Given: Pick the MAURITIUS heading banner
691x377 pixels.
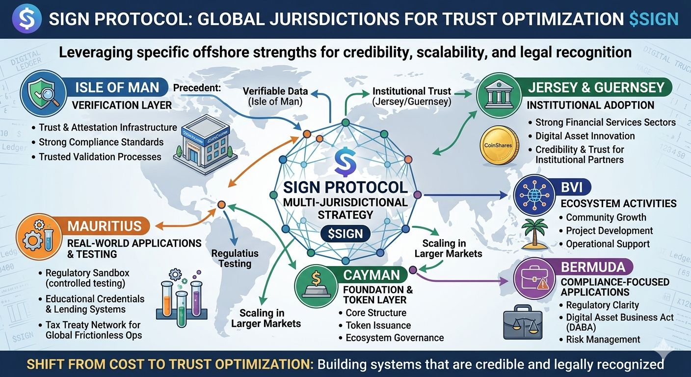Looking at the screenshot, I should click(104, 226).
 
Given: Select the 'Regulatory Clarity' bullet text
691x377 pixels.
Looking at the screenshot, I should click(602, 305).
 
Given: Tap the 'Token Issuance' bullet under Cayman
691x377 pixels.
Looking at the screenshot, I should click(378, 325).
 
